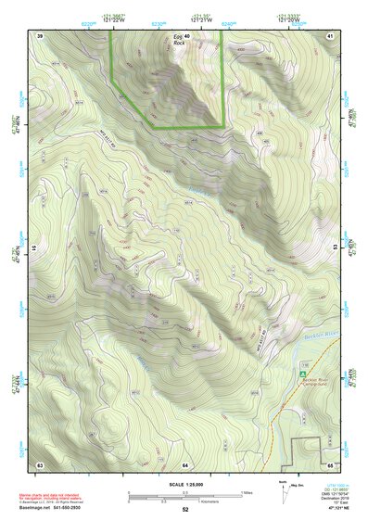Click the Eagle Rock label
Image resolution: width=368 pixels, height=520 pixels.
(179, 40)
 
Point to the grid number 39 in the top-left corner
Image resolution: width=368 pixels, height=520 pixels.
(40, 34)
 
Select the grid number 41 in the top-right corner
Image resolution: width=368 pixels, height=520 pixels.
(331, 34)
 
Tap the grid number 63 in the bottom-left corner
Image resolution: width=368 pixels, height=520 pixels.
(40, 463)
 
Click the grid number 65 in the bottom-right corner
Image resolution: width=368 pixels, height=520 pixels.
(331, 463)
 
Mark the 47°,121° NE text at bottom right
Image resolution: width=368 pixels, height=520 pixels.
(330, 509)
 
